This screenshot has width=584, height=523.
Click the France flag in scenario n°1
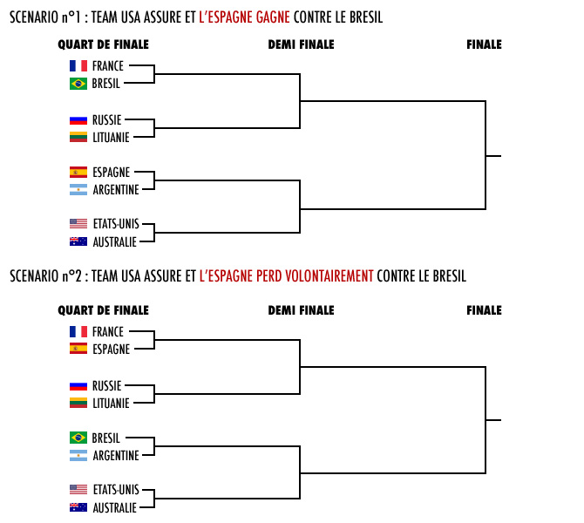point(78,66)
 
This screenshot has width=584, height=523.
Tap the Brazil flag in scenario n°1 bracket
point(78,84)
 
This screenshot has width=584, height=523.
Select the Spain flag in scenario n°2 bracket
point(78,349)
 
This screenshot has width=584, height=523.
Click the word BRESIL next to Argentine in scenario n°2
point(106,438)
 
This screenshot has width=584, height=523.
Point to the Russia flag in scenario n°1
point(78,120)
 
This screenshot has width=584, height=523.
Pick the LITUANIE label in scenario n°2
point(111,403)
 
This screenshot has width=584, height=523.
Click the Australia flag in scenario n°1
point(78,241)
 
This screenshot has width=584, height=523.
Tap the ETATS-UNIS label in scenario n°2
point(116,490)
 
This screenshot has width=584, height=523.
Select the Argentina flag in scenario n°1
point(78,190)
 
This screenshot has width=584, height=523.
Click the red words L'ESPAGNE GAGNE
point(244,17)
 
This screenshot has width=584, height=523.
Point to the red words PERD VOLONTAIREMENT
point(315,276)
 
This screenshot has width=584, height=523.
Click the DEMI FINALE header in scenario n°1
point(301,44)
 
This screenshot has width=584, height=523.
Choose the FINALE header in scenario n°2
point(484,310)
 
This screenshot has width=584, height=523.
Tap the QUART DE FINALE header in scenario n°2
point(103,310)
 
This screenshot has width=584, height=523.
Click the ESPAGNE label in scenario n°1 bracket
point(112,173)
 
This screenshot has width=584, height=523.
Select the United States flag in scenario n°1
point(78,223)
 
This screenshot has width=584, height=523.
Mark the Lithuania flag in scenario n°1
point(78,137)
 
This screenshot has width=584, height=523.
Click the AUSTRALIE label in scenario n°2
point(115,507)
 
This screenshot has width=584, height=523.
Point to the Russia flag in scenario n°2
point(78,386)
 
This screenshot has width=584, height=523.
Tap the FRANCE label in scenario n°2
point(108,331)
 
